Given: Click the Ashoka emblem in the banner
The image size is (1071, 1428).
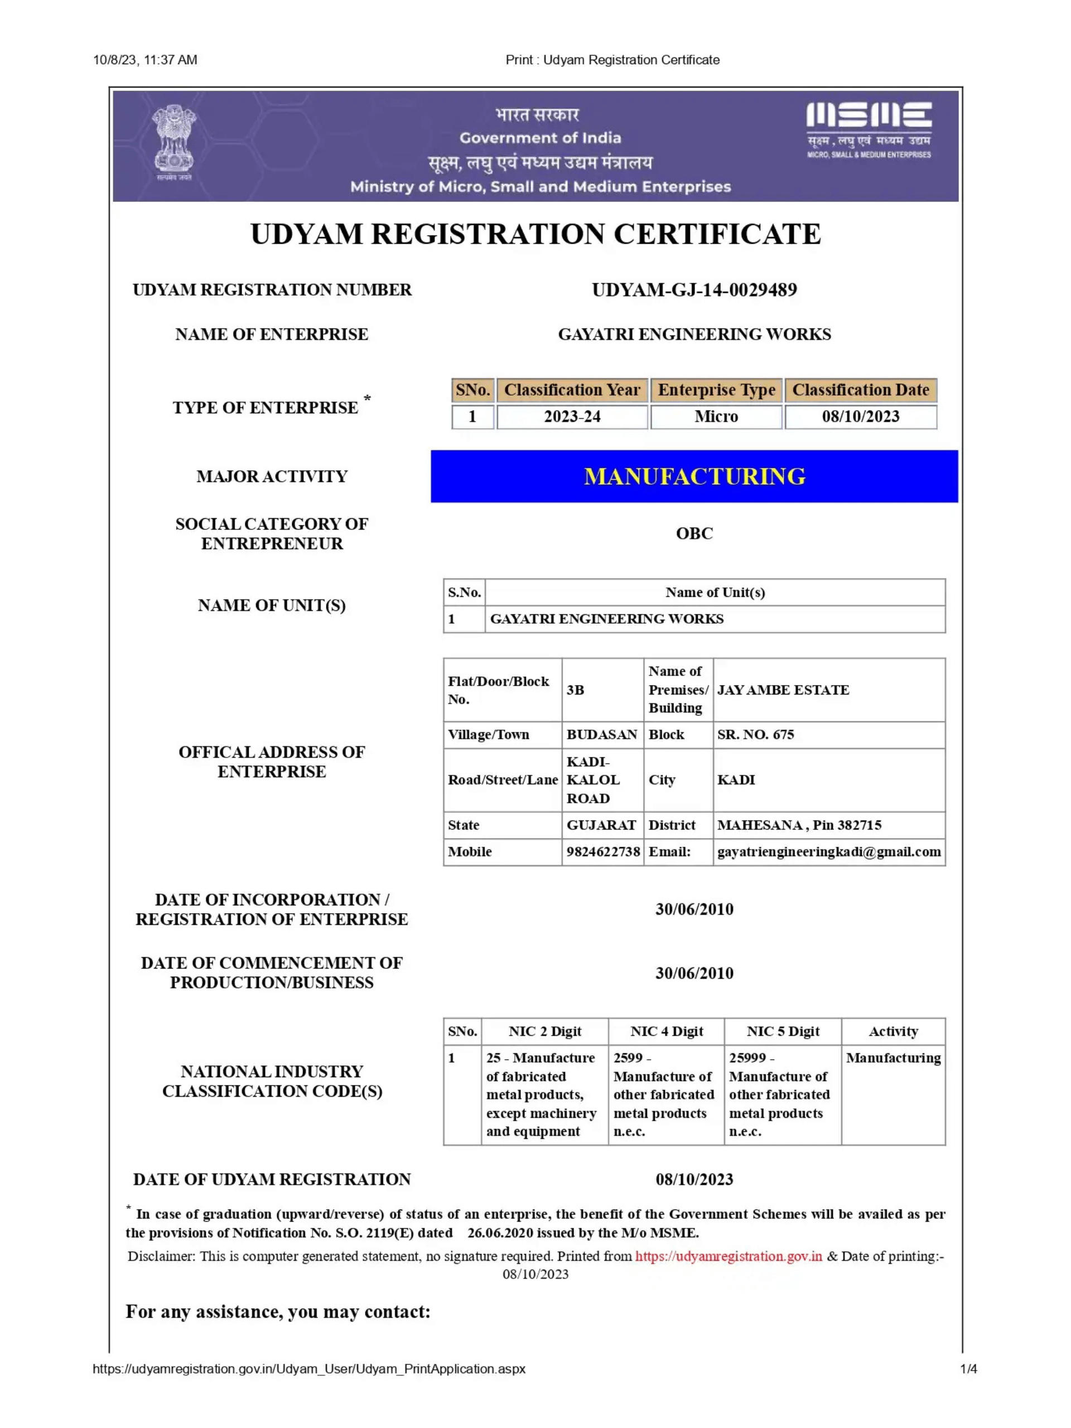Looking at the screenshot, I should (173, 143).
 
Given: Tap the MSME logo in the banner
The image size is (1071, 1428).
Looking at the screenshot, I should (869, 128).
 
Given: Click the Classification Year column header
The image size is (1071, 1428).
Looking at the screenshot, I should (571, 390).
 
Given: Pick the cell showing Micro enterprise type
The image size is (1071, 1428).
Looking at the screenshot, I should (716, 416).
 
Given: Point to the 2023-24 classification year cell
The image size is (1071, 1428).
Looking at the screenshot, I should (572, 416).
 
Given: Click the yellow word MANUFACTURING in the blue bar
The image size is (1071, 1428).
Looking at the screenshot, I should (694, 476).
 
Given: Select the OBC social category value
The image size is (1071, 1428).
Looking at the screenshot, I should (694, 533).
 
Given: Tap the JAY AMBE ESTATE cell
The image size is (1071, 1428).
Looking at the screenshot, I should (783, 689).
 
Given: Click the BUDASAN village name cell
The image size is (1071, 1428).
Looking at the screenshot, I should (601, 735).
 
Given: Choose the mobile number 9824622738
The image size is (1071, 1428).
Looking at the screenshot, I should (603, 852).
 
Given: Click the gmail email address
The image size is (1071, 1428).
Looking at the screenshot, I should (829, 852).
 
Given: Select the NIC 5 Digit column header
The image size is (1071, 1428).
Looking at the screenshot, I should (783, 1031).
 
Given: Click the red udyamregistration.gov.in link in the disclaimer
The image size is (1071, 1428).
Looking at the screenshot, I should (728, 1256).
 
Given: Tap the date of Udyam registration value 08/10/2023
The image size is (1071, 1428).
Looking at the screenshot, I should (694, 1179).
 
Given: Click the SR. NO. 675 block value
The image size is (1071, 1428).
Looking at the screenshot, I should (755, 735).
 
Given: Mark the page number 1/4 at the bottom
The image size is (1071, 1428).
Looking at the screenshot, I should (968, 1369).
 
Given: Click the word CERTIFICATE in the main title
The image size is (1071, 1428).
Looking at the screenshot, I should (717, 234).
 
